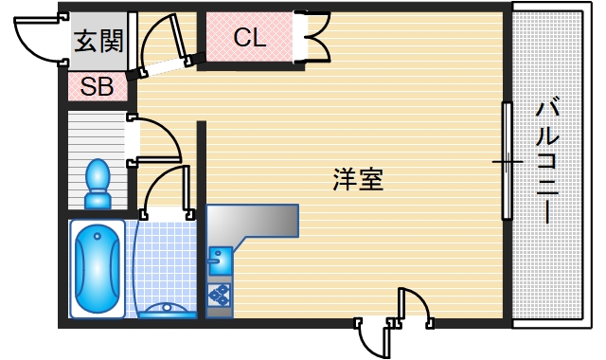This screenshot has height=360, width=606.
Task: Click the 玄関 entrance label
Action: coord(98,42)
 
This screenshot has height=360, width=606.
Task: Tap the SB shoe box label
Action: coord(97,87)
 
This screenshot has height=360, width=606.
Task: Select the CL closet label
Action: coord(251,38)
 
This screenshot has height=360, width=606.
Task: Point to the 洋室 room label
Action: coord(358,179)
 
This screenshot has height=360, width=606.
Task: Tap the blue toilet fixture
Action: coord(98,184)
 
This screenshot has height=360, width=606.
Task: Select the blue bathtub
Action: coord(98,269)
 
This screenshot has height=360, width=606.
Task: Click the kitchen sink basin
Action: coord(220,258)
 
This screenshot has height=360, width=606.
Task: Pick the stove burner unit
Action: coord(219,295)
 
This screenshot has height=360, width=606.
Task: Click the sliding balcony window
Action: coord(508,161)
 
